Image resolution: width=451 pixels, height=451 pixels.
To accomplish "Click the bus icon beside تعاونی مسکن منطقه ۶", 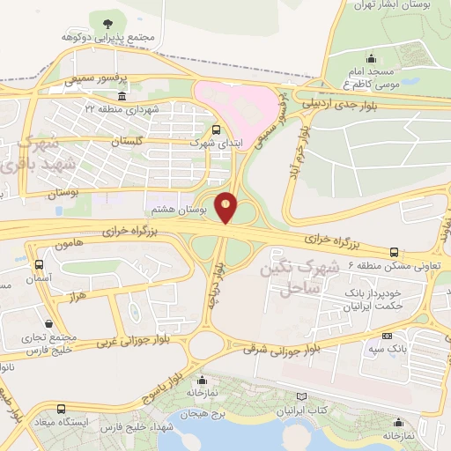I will click(394, 252).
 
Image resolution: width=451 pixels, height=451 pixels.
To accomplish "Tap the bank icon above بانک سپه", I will click(387, 336).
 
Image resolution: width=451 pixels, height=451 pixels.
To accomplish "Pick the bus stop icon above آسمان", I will click(38, 264).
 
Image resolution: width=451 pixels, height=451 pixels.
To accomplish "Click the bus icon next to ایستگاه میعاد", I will click(60, 409).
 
